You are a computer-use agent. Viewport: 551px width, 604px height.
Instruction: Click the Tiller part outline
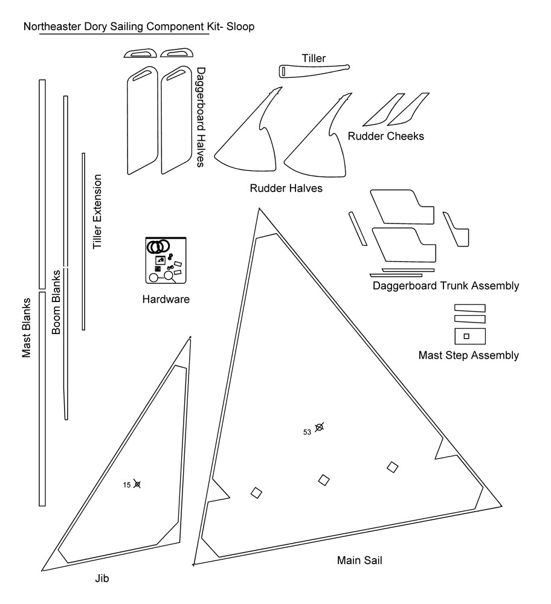click(314, 71)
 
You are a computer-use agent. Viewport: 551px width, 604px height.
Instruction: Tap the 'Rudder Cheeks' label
click(385, 136)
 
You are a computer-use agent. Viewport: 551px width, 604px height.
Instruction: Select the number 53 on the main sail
click(308, 432)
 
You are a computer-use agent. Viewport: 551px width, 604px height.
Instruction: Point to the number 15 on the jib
click(127, 484)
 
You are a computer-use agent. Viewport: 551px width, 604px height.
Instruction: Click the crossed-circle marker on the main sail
click(320, 428)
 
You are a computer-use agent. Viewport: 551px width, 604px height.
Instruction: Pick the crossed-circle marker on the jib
click(137, 484)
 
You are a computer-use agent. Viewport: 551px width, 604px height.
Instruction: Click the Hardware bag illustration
click(166, 260)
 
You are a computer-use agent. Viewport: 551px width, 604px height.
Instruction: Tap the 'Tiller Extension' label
click(97, 212)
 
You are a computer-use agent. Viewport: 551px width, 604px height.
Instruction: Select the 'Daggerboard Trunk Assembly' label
click(446, 286)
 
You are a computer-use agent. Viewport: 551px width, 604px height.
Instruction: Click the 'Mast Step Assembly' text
click(468, 355)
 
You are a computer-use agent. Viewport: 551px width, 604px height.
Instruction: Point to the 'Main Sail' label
click(359, 561)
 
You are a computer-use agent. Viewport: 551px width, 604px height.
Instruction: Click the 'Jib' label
click(102, 578)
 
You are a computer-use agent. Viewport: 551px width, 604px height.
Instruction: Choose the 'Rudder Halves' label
click(286, 188)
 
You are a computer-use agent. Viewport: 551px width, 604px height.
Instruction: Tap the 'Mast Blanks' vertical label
click(27, 328)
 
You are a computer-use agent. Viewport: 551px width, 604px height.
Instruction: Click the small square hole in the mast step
click(465, 336)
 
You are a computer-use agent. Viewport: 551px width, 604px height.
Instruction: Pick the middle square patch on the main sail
click(324, 480)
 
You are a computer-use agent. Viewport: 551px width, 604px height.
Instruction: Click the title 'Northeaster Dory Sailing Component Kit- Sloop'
click(139, 27)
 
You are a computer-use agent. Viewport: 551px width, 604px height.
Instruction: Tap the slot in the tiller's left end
click(283, 71)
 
